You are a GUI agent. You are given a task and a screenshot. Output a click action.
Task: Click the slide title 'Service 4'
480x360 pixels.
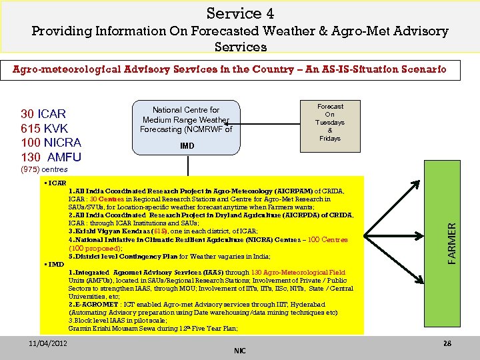click(240, 13)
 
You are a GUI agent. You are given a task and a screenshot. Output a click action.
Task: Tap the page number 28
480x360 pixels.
click(447, 343)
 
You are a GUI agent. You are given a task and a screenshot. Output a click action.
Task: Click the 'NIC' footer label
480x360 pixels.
click(240, 351)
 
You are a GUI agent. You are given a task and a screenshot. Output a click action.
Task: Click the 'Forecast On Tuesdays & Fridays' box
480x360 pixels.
click(330, 123)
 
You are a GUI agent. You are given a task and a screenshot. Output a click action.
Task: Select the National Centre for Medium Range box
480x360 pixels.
click(186, 120)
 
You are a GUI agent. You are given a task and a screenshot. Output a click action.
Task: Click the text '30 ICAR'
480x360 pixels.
click(43, 113)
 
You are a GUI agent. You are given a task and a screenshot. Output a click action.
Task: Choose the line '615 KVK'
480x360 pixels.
click(44, 128)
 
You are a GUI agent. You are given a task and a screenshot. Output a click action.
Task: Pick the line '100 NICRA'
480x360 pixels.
click(51, 143)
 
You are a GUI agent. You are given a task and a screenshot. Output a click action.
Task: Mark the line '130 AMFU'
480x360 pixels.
click(51, 157)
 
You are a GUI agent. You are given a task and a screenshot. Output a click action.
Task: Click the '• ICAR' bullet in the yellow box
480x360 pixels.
click(55, 182)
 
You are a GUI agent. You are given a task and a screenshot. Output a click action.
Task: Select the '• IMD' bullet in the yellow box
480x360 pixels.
click(55, 264)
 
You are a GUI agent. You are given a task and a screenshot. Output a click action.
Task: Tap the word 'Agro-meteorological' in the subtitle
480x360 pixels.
click(69, 69)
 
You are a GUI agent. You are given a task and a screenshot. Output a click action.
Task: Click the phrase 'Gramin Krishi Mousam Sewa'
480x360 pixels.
click(111, 328)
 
